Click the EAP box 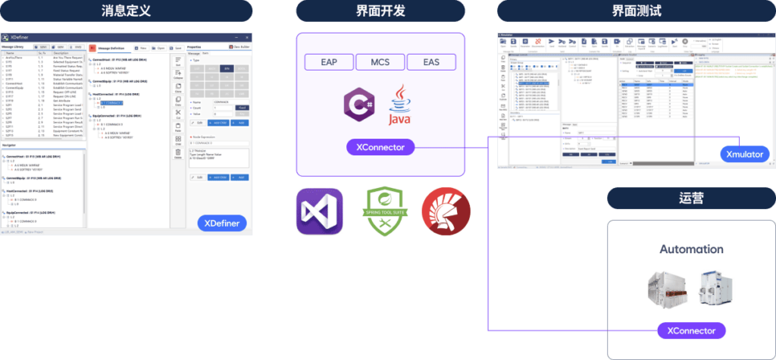pos(329,63)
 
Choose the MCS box pos(380,63)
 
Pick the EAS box pos(431,63)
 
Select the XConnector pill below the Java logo pos(380,147)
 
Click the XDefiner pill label pos(224,223)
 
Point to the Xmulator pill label pos(745,154)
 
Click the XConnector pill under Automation pos(691,330)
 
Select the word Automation pos(691,249)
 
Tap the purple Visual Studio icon pos(319,213)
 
